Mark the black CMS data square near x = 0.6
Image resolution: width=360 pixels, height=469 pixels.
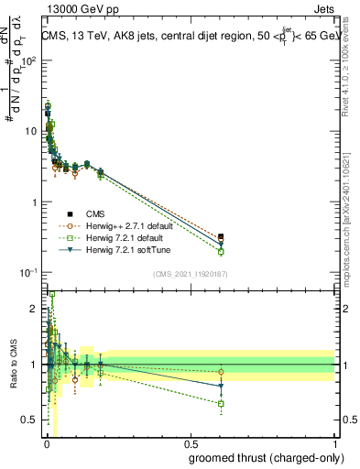(221, 237)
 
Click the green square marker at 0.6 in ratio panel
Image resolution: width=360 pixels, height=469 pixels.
(221, 403)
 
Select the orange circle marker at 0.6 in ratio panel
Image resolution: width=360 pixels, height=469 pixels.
(221, 372)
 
